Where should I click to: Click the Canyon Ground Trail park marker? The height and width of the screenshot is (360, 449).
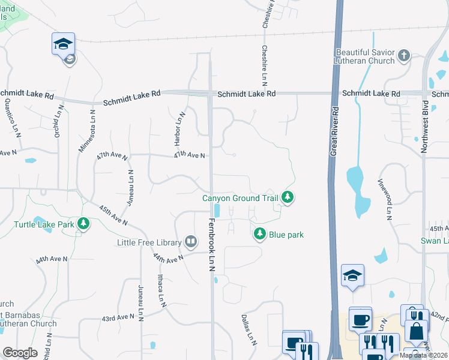[x=288, y=197]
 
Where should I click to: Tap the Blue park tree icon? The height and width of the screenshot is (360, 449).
[x=260, y=234]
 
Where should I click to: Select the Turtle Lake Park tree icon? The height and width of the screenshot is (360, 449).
[x=83, y=225]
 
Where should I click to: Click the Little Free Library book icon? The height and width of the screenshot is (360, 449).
[x=191, y=242]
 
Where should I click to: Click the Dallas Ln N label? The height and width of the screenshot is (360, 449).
[x=249, y=331]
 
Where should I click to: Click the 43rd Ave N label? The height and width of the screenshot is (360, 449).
[x=118, y=316]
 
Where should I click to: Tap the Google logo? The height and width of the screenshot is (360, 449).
[x=20, y=353]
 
